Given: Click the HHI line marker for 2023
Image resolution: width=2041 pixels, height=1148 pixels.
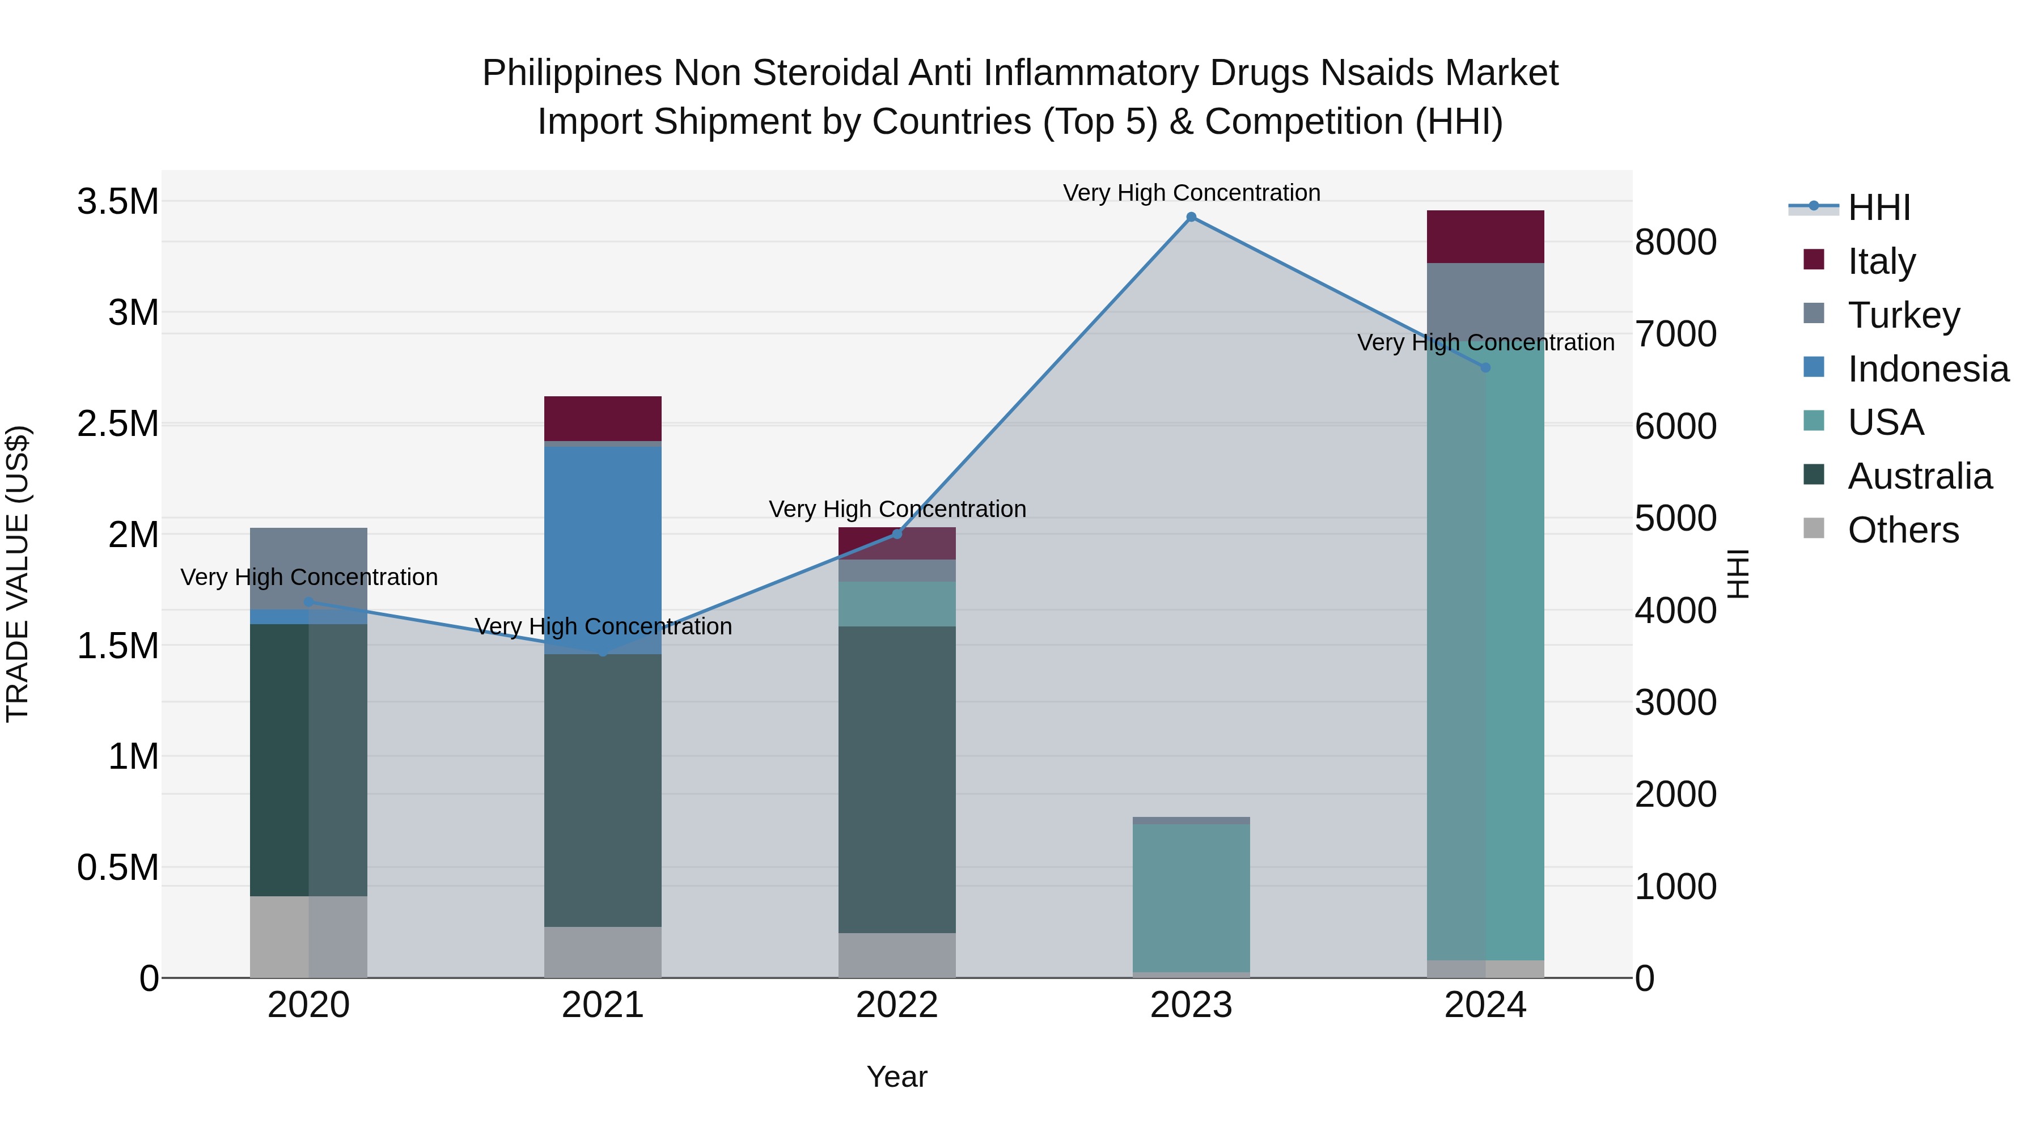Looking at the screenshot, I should [x=1191, y=217].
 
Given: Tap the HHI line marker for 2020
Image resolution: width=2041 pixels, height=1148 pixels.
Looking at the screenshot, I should [x=309, y=602].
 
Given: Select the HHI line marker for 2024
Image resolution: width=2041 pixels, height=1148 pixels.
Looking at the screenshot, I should [x=1485, y=367].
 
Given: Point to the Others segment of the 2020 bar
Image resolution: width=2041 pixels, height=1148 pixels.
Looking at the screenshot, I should [x=309, y=937].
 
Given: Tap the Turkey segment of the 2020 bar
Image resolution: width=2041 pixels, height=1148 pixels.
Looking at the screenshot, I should [x=309, y=567].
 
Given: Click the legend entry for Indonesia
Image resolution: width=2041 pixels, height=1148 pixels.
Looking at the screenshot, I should [x=1927, y=369].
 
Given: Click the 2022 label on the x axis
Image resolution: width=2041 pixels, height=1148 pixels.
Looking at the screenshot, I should [x=897, y=1005].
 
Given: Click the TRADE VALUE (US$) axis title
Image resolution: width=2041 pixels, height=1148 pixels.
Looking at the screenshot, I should [x=18, y=574].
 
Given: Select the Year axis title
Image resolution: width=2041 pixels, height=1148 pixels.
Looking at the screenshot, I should [x=897, y=1077].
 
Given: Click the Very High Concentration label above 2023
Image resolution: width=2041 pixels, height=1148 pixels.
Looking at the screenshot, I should [x=1191, y=193].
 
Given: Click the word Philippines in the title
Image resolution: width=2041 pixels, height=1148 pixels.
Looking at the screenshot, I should [x=571, y=73].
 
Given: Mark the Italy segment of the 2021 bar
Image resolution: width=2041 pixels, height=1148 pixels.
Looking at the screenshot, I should [x=603, y=418].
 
